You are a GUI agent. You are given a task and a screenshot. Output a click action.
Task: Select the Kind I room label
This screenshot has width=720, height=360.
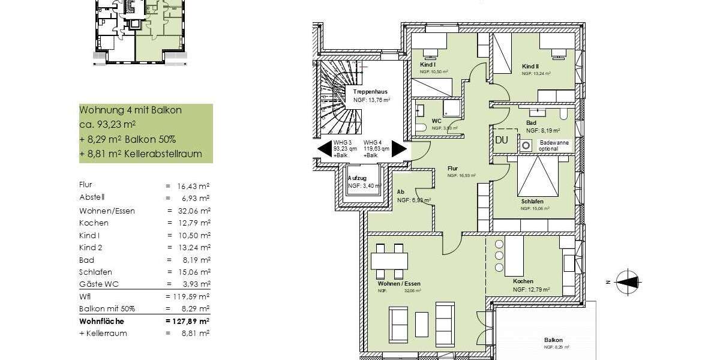coord(428,64)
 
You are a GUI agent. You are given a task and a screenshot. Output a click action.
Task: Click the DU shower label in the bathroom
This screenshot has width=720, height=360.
coord(502,139)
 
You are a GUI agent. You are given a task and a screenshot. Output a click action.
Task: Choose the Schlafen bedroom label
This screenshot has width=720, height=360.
coord(532,202)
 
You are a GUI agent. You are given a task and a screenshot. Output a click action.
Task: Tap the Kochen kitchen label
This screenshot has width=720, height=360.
coord(523,281)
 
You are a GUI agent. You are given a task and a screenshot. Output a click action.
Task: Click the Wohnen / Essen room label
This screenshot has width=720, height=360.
coord(399,284)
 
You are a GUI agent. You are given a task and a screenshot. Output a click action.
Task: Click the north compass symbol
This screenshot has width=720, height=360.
coord(628,281)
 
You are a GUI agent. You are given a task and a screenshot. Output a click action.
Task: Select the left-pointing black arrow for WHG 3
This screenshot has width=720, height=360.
coord(325,149)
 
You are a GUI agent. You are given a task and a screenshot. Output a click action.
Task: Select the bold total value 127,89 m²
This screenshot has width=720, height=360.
coord(187,321)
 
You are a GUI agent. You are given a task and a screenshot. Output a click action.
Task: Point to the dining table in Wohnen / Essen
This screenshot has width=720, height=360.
coord(389,260)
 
